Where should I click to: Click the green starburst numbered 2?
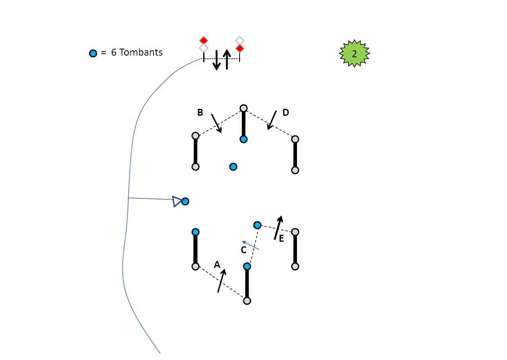coord(354,54)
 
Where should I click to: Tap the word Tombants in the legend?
coord(141,52)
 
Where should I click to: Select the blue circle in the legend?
coord(93,53)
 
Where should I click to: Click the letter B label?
coord(200,112)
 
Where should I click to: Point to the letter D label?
coord(286,112)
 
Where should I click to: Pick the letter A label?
coord(217,264)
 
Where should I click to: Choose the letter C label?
coord(244,250)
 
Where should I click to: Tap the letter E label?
coord(281,239)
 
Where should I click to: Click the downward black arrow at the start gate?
coord(217,60)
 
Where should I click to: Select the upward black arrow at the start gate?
coord(227,59)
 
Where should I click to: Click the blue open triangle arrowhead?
coord(177,201)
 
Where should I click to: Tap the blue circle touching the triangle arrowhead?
coord(185,201)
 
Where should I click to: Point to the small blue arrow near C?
coord(251,245)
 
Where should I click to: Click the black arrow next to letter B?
coord(216,124)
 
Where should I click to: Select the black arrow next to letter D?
coord(271,120)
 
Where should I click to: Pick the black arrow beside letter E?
coord(278,227)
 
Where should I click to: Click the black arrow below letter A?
coord(222,281)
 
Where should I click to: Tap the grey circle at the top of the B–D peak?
coord(244,108)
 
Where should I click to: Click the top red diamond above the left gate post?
coord(204,40)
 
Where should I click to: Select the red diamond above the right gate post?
coord(240,48)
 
